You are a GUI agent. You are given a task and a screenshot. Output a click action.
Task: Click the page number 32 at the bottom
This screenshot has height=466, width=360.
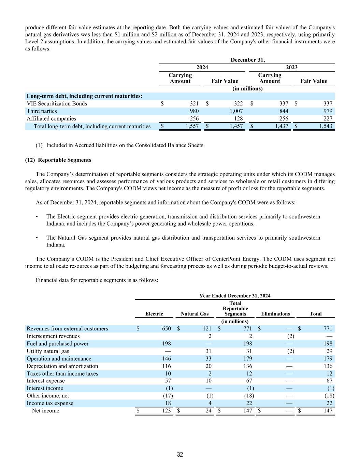tap(180, 454)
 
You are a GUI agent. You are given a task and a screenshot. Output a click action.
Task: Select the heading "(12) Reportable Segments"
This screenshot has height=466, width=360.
tap(58, 160)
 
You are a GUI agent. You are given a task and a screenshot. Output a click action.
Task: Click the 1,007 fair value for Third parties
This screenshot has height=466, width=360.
tap(236, 111)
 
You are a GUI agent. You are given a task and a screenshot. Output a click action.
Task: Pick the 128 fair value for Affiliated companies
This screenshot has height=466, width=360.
tap(238, 118)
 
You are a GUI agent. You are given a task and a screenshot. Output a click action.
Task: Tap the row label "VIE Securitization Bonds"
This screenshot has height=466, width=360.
tap(57, 103)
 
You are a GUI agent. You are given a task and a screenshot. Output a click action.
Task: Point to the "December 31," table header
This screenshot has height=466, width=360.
tap(247, 60)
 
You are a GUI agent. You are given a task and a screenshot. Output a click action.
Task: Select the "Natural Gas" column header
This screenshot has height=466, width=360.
tap(195, 314)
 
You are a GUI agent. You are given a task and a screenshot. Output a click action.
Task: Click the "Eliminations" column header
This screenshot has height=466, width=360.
tap(275, 314)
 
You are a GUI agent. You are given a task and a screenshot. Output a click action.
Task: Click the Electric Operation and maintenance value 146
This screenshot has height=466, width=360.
tap(167, 358)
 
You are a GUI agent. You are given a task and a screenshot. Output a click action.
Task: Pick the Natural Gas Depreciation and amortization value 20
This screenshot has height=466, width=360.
tap(208, 366)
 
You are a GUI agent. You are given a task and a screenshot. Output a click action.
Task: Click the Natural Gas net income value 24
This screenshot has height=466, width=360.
tap(208, 411)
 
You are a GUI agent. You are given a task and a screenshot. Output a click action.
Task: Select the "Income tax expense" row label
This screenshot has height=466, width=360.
tap(50, 403)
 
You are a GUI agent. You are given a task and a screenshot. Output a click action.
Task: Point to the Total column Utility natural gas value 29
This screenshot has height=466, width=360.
tap(329, 351)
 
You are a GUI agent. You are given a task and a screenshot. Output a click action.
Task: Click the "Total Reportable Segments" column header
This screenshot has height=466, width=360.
tap(235, 308)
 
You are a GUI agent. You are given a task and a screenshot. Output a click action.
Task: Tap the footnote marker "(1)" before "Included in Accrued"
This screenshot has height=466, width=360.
tap(39, 145)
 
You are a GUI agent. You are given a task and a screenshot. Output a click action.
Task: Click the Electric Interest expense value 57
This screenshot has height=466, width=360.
tap(168, 381)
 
